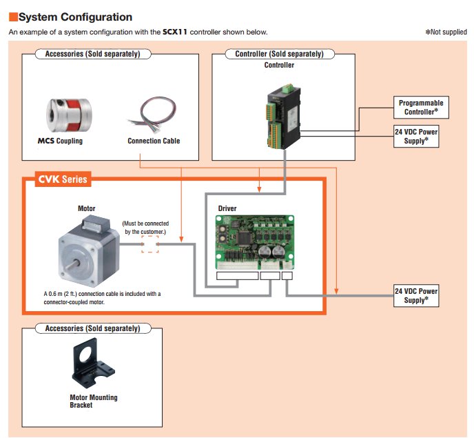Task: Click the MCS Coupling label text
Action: tap(60, 141)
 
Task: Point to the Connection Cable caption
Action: tap(154, 141)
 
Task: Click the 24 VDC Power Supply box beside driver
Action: tap(416, 295)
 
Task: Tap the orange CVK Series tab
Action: tap(61, 179)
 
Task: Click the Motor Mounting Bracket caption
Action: tap(93, 401)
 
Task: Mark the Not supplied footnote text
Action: tap(446, 32)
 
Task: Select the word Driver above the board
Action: tap(228, 208)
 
